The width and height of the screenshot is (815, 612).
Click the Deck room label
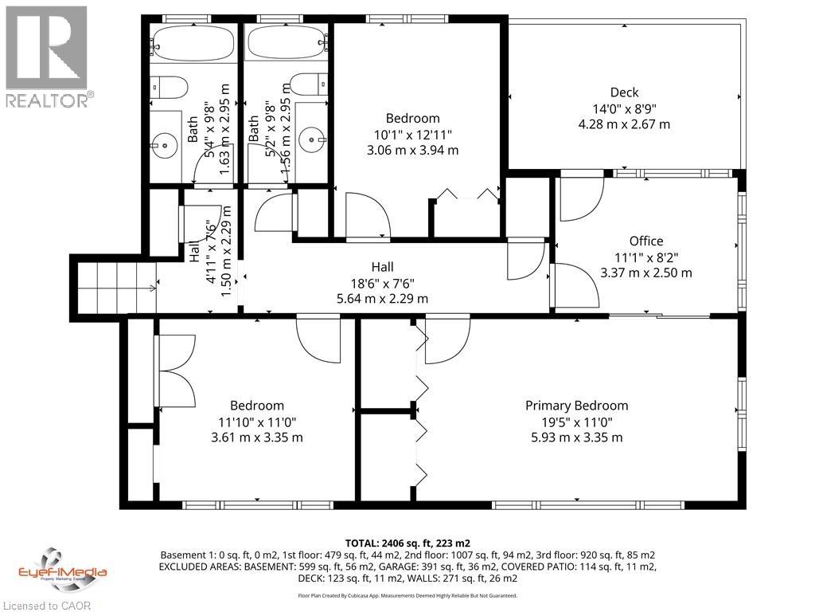624,92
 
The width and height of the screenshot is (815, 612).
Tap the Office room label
645,241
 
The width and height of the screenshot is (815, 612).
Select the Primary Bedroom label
576,406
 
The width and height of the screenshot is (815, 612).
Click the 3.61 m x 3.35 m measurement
256,437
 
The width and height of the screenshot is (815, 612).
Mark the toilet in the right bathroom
310,83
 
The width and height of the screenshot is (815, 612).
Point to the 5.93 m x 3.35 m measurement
576,437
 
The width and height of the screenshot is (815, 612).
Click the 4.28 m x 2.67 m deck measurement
624,124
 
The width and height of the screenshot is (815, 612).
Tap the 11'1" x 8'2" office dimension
645,257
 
